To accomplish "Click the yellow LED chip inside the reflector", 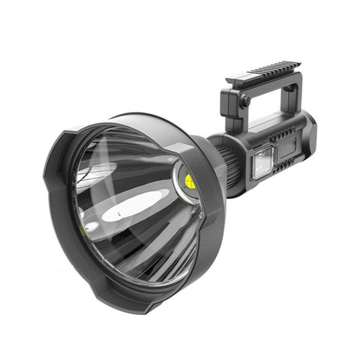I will tap(190, 181).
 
